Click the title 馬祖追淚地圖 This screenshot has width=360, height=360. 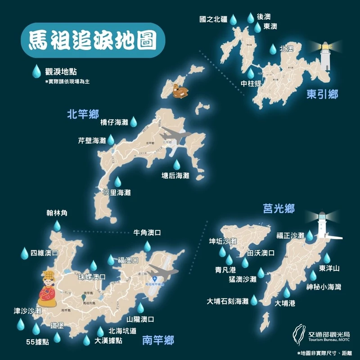[x=93, y=40]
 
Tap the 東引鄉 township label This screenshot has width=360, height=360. [x=322, y=94]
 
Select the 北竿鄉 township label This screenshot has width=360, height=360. [x=82, y=114]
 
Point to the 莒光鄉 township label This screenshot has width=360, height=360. [x=279, y=209]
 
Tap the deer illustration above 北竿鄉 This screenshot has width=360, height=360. [x=179, y=90]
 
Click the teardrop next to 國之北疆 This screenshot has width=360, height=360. [x=233, y=20]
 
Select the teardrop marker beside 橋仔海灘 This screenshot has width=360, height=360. [x=133, y=121]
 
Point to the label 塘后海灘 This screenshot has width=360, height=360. [x=175, y=176]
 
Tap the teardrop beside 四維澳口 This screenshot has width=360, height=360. [x=24, y=253]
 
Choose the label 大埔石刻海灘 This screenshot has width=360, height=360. [x=228, y=301]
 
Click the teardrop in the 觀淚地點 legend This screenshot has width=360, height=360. [x=36, y=71]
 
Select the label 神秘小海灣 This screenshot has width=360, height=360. [x=324, y=287]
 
